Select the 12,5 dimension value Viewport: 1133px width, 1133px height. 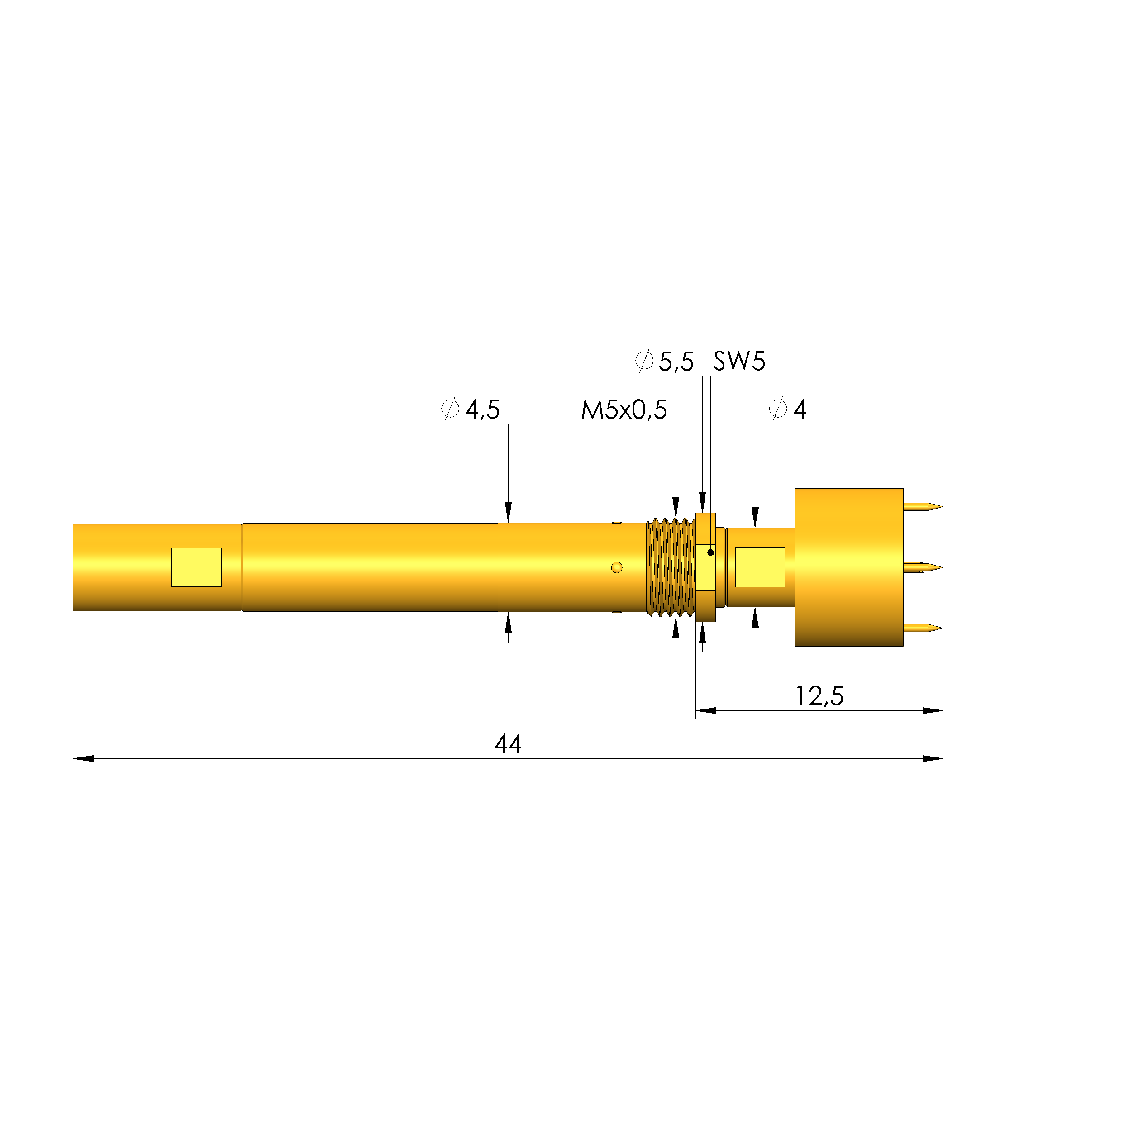click(819, 696)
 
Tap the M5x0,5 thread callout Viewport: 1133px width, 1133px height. click(624, 410)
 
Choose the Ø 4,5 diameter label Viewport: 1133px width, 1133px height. click(470, 409)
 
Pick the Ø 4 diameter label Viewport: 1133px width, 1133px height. click(788, 409)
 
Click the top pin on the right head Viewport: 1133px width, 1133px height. click(923, 506)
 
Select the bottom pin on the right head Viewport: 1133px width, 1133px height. click(923, 628)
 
